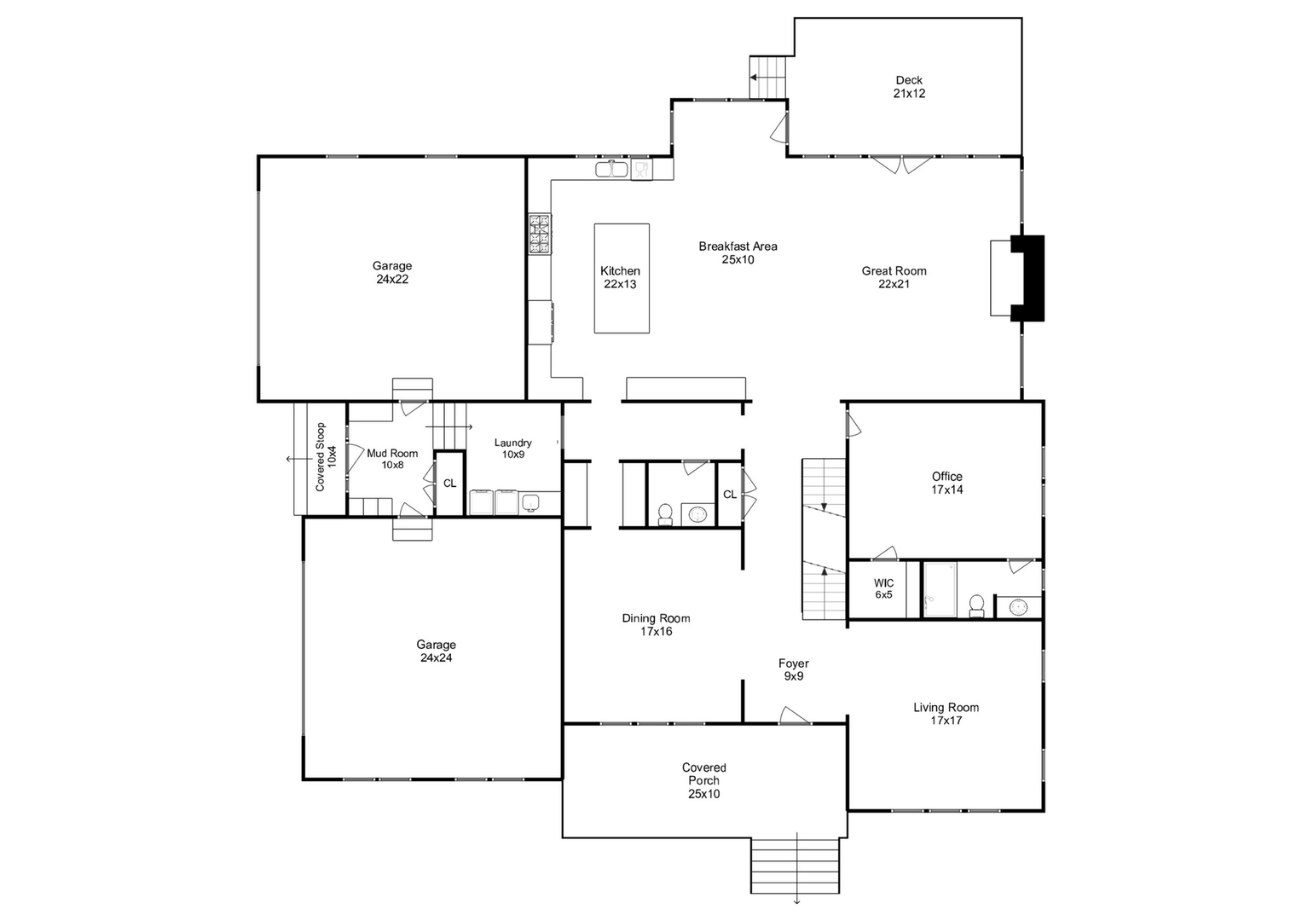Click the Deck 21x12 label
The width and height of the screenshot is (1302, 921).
point(909,87)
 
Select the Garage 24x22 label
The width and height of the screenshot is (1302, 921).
point(392,272)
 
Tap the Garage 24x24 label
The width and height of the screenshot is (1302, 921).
point(436,652)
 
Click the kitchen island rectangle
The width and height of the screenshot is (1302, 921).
point(622,278)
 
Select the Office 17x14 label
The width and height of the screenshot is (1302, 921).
point(946,483)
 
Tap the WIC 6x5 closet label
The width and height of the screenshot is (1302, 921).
point(883,589)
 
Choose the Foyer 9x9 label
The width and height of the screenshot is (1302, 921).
point(793,669)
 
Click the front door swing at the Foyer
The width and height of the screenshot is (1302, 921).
point(795,716)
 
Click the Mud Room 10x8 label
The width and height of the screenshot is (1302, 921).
point(392,459)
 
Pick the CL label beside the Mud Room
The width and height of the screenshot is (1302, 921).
point(449,484)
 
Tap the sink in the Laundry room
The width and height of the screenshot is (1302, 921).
point(530,503)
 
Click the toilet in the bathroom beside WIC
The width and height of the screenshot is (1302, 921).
point(976,605)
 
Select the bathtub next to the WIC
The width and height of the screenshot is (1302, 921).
point(940,588)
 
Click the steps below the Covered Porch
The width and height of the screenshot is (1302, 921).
point(795,865)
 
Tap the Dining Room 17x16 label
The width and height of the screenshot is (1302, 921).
point(656,625)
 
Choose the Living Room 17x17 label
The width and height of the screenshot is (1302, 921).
point(946,714)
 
